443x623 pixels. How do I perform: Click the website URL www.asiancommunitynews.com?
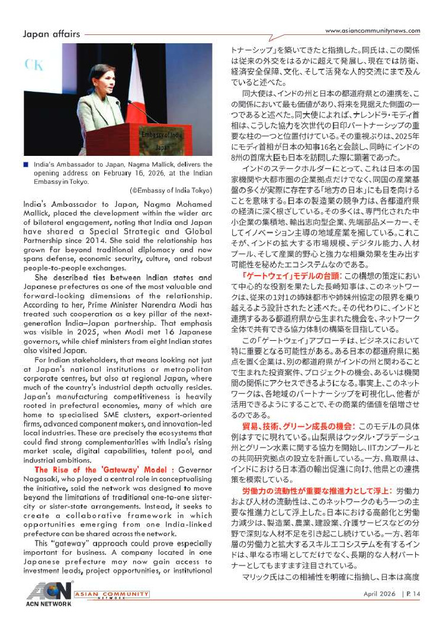373,31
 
